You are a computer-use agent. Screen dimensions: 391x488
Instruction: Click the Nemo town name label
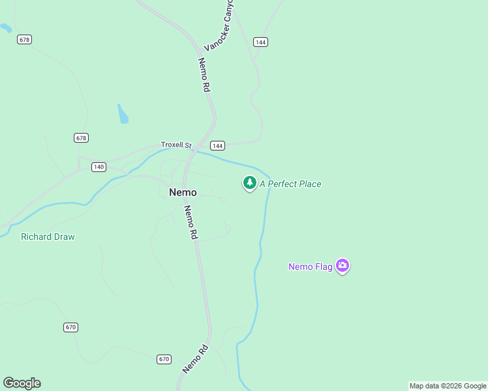click(183, 192)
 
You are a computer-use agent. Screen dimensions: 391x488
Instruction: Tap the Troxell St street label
click(176, 145)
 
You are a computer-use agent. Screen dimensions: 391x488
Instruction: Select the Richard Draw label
click(48, 237)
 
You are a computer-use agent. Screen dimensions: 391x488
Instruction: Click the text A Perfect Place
click(290, 184)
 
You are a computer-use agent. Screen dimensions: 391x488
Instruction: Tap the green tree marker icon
click(249, 183)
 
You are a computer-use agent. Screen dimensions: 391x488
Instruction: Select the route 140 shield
click(99, 167)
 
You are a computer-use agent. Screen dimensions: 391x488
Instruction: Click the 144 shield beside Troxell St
click(218, 145)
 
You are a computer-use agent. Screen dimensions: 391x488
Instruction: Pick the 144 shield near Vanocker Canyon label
click(261, 42)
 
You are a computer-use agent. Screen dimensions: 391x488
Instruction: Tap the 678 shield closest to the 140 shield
click(81, 138)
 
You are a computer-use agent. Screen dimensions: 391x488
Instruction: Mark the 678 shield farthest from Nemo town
click(25, 40)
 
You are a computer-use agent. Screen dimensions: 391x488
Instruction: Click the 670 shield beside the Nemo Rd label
click(164, 359)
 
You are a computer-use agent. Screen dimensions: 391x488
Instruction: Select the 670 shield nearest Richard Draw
click(71, 326)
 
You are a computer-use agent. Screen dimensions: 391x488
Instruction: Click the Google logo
click(22, 383)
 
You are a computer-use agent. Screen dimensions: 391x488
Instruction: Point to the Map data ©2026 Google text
click(448, 386)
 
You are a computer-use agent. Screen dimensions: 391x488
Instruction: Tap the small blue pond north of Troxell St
click(123, 114)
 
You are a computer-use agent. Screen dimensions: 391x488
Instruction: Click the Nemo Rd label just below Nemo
click(191, 223)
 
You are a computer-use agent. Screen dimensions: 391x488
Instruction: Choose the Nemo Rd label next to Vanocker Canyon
click(205, 74)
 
